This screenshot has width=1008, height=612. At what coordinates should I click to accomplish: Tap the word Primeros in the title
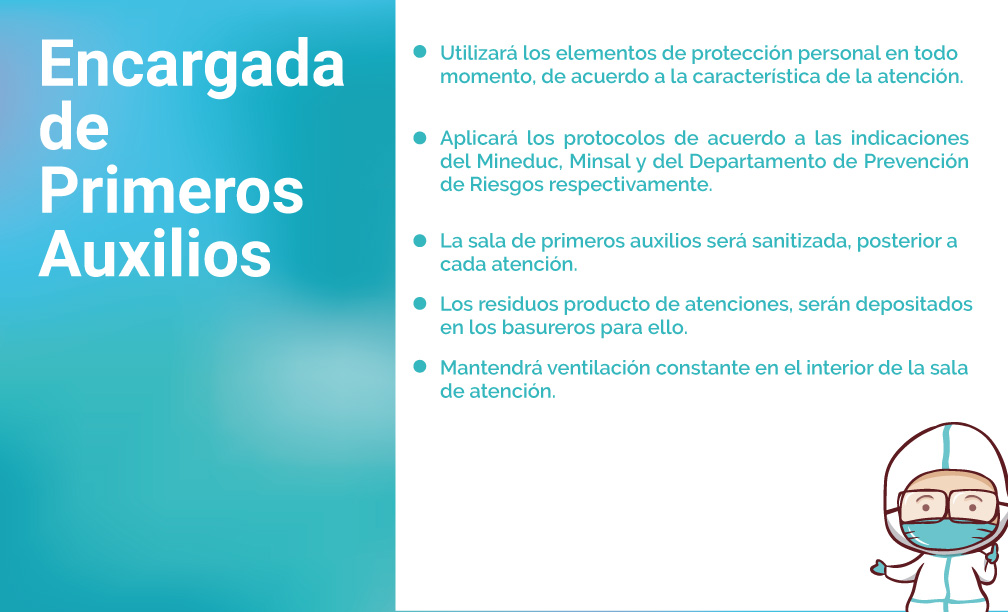coord(171,191)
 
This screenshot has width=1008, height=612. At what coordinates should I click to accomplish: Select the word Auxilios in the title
coord(155,252)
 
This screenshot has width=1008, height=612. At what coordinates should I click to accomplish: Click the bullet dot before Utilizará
coord(420,51)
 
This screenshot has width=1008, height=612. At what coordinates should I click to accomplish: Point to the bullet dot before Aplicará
coord(420,138)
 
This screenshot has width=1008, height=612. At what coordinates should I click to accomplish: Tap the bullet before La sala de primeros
coord(420,240)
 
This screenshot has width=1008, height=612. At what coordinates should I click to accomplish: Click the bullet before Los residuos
coord(420,303)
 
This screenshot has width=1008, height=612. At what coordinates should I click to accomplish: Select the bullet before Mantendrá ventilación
coord(420,366)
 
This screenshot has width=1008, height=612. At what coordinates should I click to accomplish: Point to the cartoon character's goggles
coord(948,506)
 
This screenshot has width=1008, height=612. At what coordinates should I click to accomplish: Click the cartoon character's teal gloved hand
coord(879,567)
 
